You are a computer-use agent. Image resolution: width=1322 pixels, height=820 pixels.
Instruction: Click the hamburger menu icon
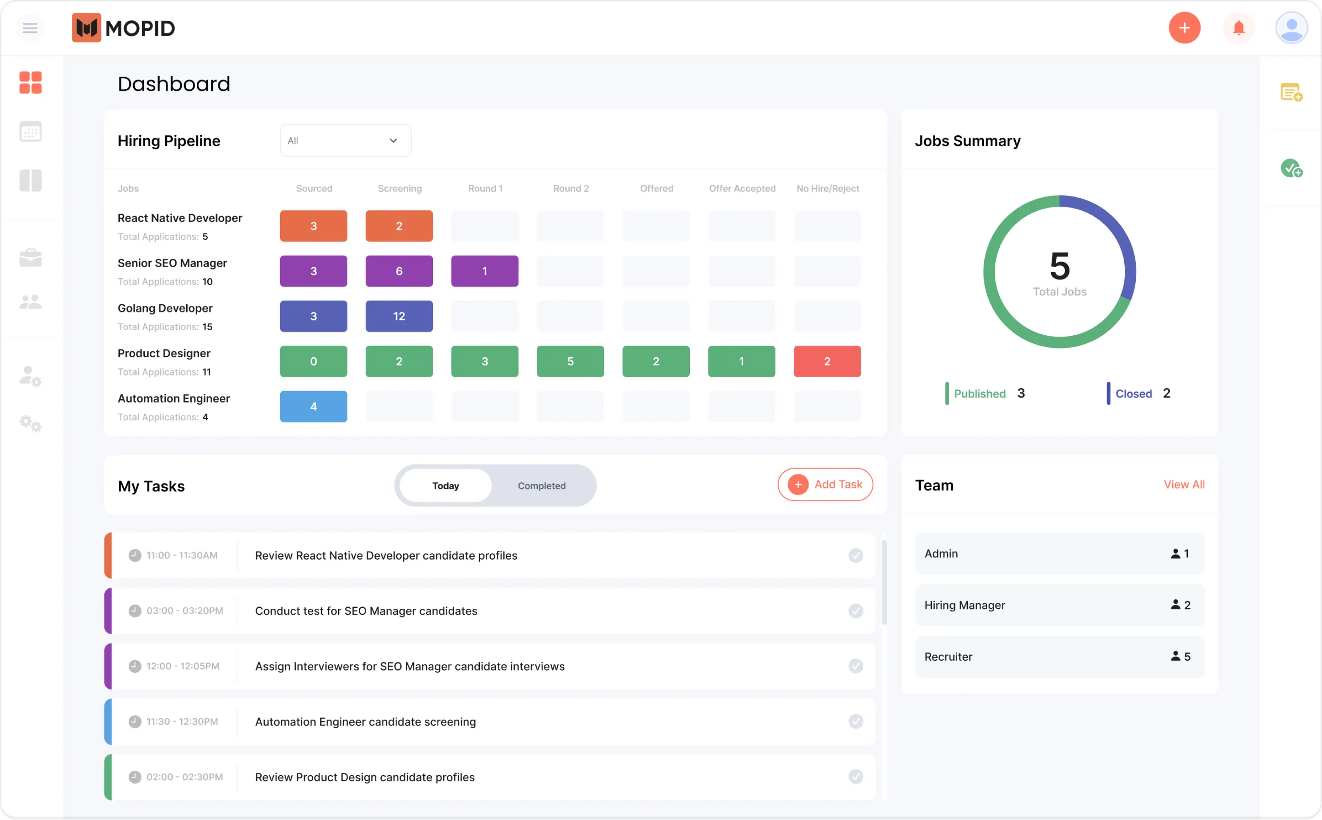coord(30,28)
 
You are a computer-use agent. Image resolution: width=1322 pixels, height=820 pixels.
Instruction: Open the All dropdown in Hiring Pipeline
coord(345,141)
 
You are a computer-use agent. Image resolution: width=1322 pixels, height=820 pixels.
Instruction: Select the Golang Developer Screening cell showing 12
coord(399,316)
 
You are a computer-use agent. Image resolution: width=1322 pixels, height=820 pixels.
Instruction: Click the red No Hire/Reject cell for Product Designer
coord(826,361)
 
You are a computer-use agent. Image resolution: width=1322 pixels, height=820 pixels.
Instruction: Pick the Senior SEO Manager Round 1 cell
coord(485,271)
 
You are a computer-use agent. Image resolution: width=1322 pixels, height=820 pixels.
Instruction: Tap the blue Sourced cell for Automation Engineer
coord(313,406)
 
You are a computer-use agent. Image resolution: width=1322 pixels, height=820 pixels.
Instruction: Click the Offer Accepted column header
coord(741,188)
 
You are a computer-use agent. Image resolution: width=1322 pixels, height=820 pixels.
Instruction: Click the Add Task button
coord(824,484)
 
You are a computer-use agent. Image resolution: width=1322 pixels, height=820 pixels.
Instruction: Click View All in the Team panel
coord(1184,484)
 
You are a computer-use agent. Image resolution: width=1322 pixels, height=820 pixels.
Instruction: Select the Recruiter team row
coord(1059,656)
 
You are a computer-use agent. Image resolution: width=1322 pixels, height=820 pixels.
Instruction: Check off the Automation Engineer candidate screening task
coord(855,721)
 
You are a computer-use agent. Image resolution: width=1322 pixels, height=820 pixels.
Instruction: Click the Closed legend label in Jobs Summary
coord(1133,394)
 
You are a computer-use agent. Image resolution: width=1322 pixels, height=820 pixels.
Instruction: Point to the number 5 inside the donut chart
coord(1059,266)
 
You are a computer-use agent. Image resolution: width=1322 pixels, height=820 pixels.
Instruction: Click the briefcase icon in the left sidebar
coord(30,258)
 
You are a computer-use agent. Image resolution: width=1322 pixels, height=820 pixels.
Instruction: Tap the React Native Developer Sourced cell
coord(313,226)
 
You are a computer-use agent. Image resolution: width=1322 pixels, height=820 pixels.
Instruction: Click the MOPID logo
coord(124,28)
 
